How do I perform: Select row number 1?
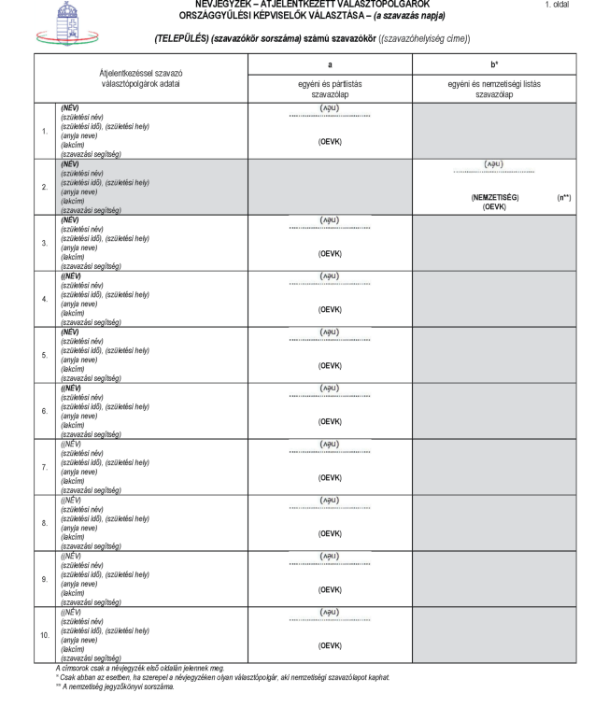click(x=44, y=132)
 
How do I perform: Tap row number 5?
click(x=44, y=355)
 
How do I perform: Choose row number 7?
click(x=44, y=467)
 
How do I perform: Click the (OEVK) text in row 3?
click(x=330, y=254)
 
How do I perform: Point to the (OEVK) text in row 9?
click(x=330, y=590)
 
